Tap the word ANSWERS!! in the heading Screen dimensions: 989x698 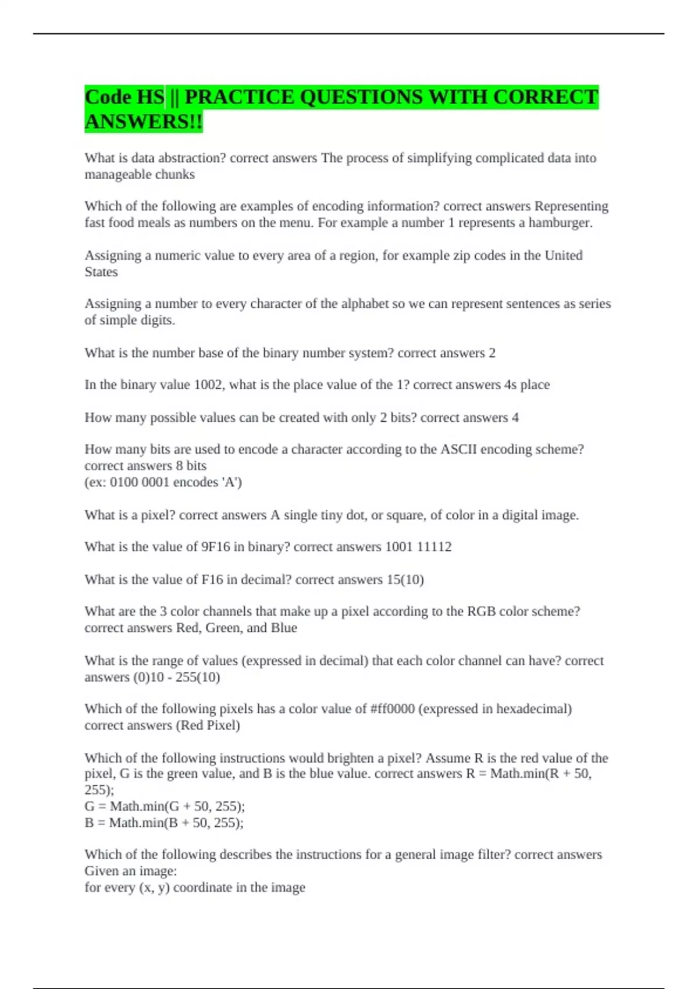(x=144, y=122)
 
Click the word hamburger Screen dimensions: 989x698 (x=560, y=223)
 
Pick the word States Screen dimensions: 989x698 (x=101, y=272)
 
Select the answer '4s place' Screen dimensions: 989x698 (x=526, y=385)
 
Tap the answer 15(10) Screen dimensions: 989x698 (x=405, y=579)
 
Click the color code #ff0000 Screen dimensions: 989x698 (x=392, y=709)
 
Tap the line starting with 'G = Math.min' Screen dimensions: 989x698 (x=165, y=806)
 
